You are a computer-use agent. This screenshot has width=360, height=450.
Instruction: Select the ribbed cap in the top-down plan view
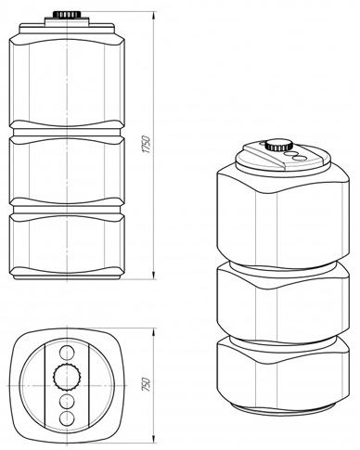click(69, 376)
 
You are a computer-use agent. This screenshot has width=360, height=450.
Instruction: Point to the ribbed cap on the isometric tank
click(276, 146)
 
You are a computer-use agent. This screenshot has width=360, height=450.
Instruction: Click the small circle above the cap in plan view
click(69, 354)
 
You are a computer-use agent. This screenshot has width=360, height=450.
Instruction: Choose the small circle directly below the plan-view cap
click(69, 400)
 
